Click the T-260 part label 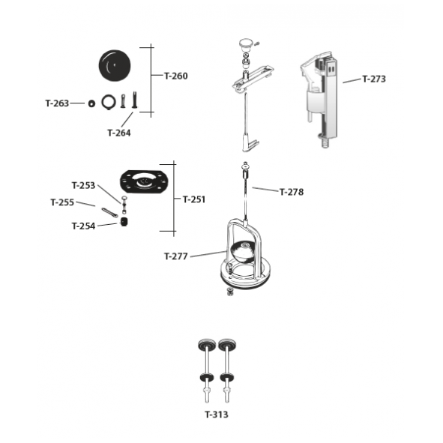[176, 76]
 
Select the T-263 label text [57, 103]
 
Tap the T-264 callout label [119, 133]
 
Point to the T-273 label [374, 79]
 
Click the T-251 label [194, 199]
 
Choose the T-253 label [83, 186]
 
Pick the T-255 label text [62, 202]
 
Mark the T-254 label [83, 226]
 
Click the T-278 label [292, 192]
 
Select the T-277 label [176, 256]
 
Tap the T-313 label [217, 415]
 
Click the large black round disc [115, 66]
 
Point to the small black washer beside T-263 [91, 103]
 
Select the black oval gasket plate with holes [144, 181]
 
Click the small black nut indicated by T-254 [124, 222]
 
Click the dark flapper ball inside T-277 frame [244, 250]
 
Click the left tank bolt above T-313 [207, 371]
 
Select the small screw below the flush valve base [230, 292]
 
